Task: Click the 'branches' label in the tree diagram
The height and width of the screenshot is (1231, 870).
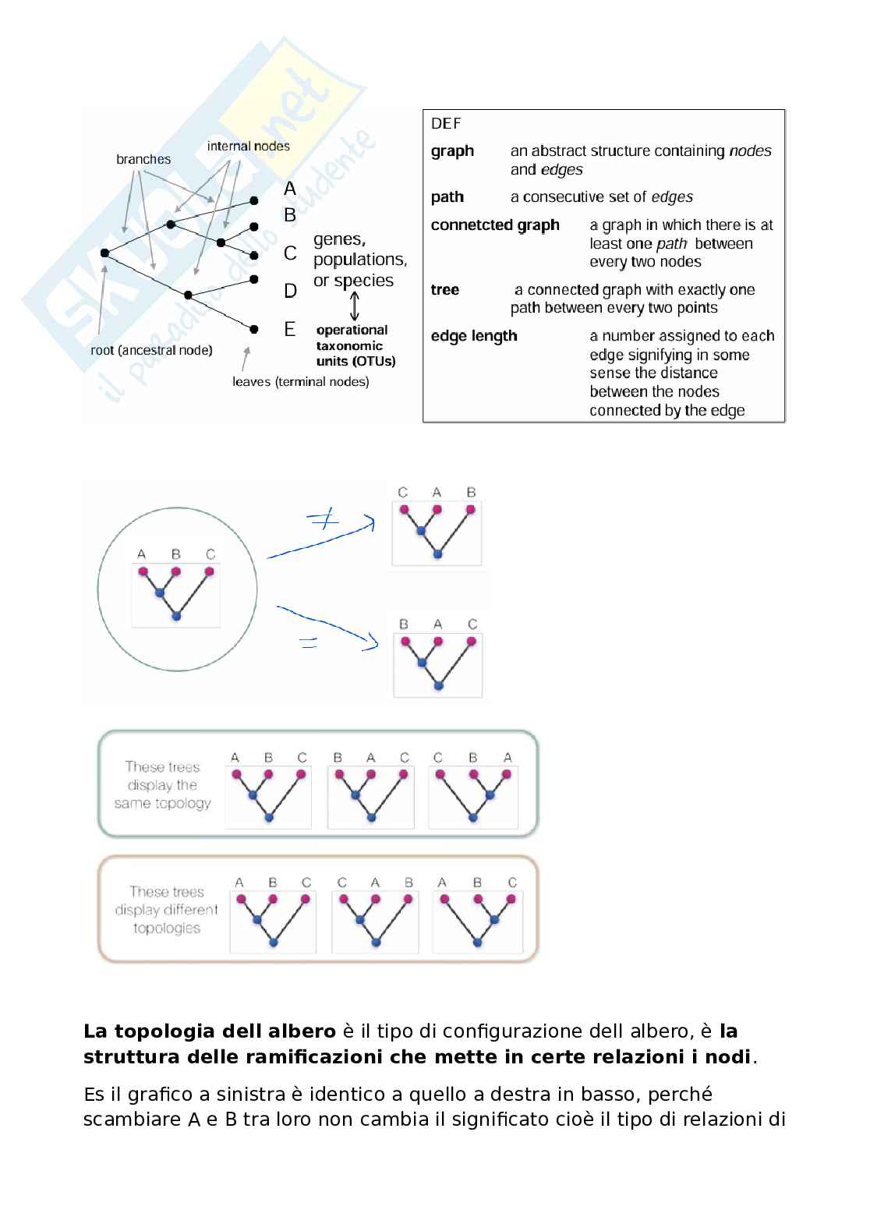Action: pos(143,159)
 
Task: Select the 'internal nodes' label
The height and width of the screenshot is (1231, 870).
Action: pos(248,146)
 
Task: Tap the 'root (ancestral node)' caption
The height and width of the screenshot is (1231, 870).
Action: pos(151,350)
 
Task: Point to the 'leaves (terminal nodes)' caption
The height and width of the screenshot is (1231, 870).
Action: pos(300,381)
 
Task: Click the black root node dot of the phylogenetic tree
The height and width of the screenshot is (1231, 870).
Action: pos(104,253)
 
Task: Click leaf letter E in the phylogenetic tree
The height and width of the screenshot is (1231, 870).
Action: pos(290,330)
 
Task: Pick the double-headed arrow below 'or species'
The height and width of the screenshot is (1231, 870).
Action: pos(355,306)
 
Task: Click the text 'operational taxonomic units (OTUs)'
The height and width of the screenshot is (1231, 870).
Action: pos(355,345)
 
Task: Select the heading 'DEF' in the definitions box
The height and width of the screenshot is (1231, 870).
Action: pos(446,123)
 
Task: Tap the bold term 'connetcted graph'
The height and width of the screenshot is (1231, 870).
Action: pos(495,225)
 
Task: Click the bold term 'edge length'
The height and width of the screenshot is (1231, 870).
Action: pos(474,336)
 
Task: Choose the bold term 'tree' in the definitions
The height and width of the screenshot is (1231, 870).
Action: pos(444,290)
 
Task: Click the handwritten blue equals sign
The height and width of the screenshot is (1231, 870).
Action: pos(309,642)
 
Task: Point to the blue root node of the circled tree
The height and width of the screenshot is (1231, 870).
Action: pos(176,616)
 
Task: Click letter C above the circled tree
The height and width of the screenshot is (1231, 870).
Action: pos(210,554)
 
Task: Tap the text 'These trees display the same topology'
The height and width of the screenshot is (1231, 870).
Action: pos(162,785)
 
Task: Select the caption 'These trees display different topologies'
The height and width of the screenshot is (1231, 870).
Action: pos(166,910)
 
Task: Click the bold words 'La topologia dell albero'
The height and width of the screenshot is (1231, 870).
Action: pos(209,1031)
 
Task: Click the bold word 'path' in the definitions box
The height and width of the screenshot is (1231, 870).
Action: pos(447,197)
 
